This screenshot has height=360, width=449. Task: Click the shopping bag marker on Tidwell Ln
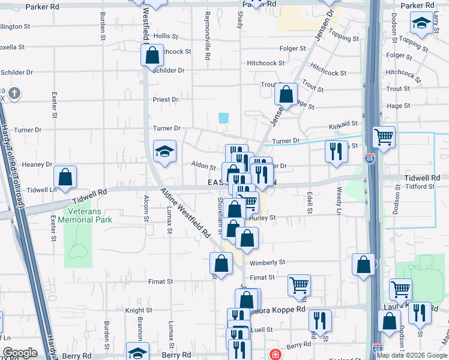[x=65, y=177]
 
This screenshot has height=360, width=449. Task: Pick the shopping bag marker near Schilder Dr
[x=152, y=56]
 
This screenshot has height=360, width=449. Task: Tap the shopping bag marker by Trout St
[x=286, y=94]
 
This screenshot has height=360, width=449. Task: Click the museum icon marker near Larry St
[x=421, y=24]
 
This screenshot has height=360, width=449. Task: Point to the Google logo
[x=20, y=353]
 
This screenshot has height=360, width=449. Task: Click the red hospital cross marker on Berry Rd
[x=276, y=355]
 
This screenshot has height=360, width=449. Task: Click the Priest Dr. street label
[x=167, y=100]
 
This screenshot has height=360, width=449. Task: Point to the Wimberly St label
[x=267, y=263]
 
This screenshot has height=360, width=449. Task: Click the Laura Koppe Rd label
[x=281, y=310]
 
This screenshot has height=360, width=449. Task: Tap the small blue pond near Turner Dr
[x=224, y=118]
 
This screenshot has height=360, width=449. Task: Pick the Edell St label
[x=310, y=202]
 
